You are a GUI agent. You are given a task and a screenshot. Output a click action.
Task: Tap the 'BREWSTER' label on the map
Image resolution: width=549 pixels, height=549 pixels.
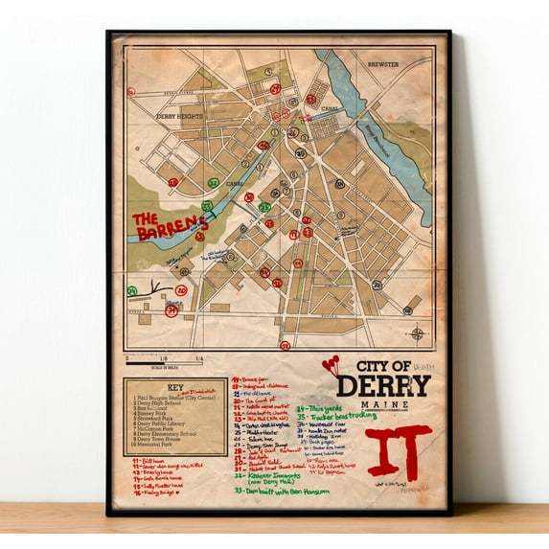click(383, 65)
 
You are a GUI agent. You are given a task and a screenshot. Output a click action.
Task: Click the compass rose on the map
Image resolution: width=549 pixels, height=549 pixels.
click(417, 333)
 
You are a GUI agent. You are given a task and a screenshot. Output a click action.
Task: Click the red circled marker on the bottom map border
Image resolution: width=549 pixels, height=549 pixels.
click(284, 345)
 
